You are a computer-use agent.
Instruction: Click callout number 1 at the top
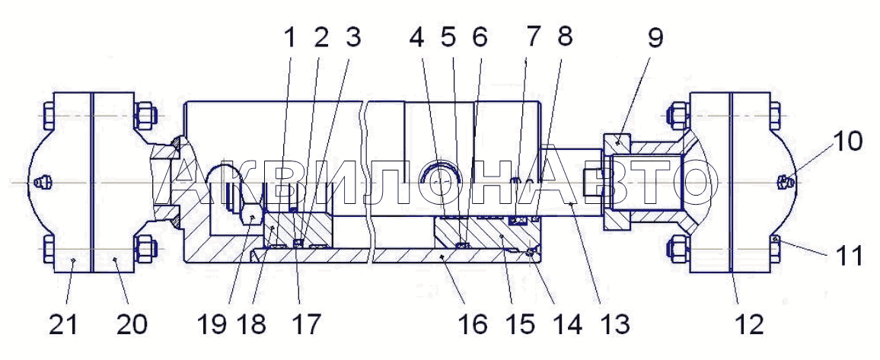(289, 37)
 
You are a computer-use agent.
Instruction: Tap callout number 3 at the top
(352, 37)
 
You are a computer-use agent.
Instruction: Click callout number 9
(655, 38)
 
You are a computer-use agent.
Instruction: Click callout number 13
(614, 324)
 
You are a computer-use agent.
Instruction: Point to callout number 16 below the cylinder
(472, 324)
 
